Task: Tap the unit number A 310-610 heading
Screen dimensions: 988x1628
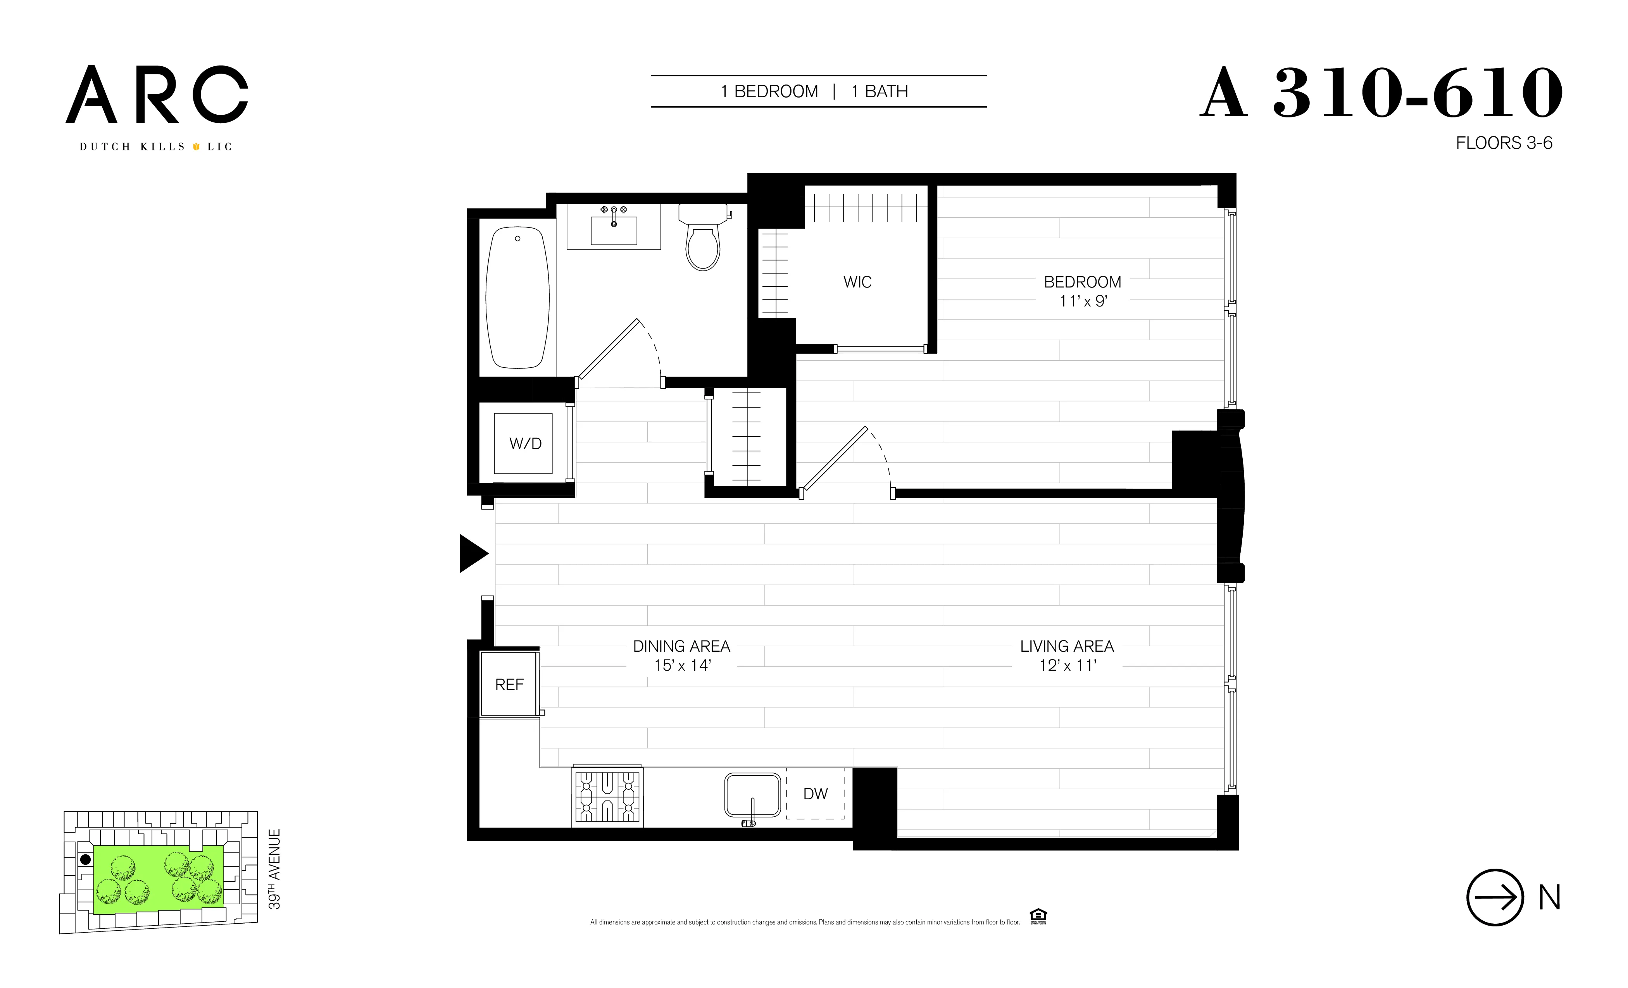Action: click(x=1381, y=94)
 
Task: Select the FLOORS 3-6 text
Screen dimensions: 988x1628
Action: click(x=1504, y=143)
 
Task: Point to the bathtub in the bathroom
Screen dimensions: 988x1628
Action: click(x=517, y=297)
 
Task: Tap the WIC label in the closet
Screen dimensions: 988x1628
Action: click(x=857, y=282)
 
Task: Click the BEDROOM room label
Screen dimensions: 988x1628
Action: click(x=1081, y=282)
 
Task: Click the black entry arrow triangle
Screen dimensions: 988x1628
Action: click(x=473, y=553)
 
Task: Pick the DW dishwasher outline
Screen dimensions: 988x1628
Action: click(x=815, y=794)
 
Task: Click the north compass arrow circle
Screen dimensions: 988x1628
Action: click(x=1495, y=897)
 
